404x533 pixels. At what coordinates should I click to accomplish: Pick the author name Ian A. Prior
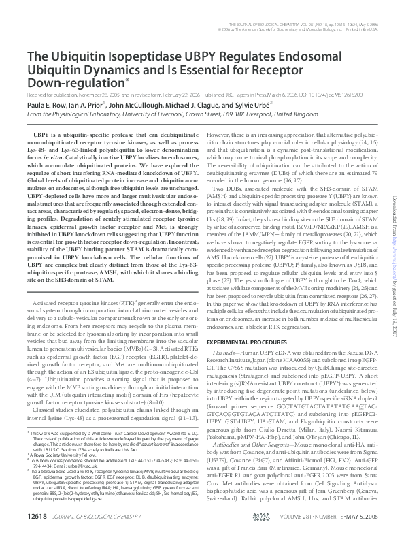[86, 106]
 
